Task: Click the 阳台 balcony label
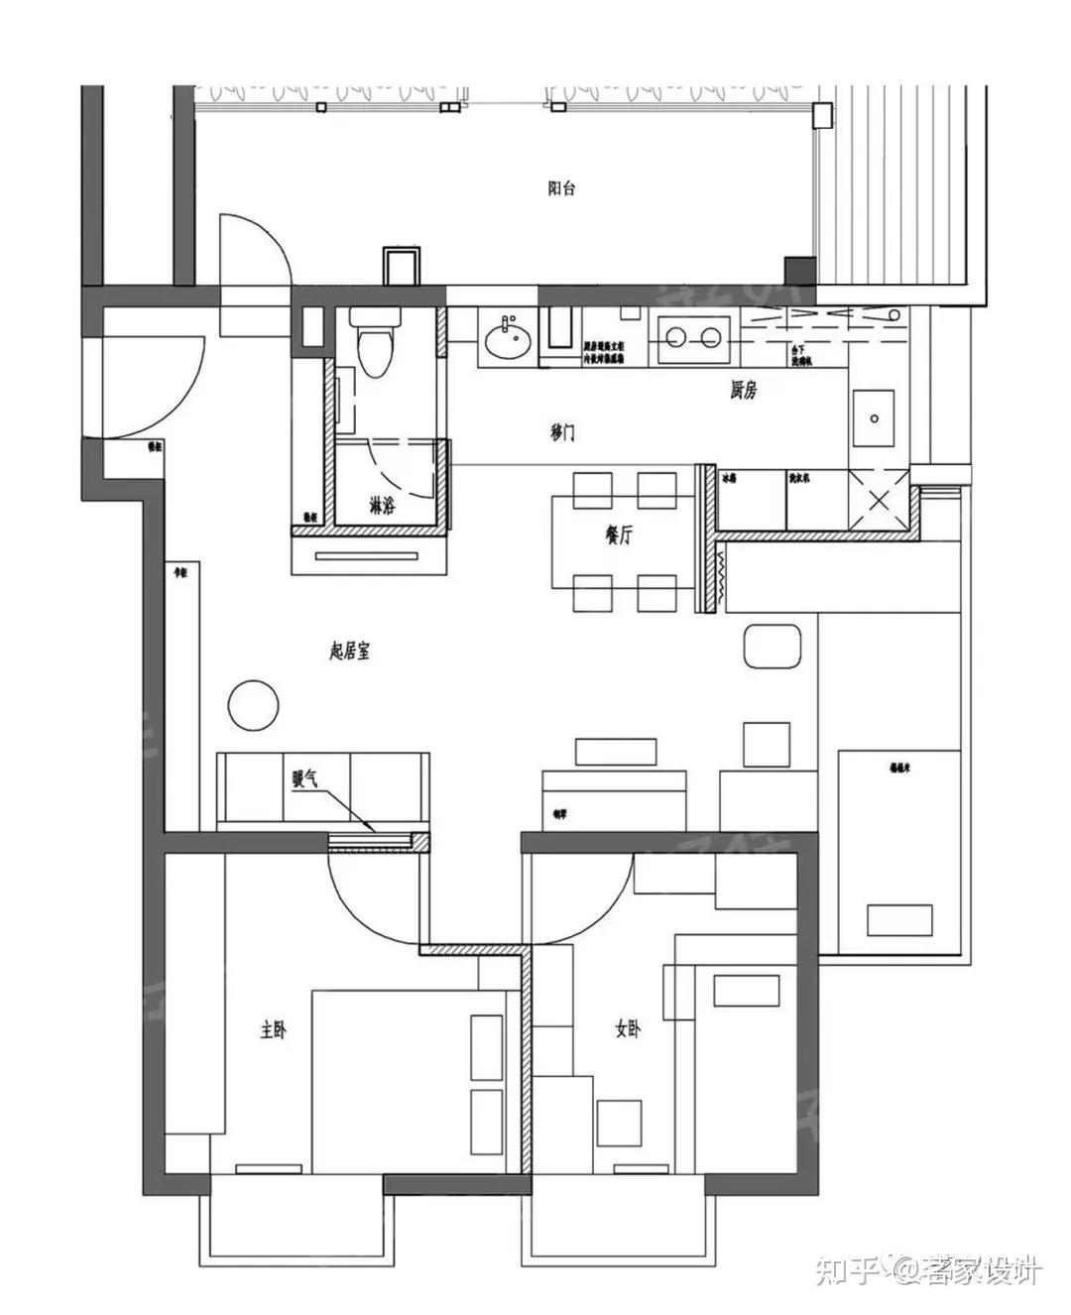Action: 561,188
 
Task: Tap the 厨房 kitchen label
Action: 743,391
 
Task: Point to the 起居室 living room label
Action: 349,651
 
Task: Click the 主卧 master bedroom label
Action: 273,1030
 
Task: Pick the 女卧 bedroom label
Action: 627,1030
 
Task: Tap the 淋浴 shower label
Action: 382,507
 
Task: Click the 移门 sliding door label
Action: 561,433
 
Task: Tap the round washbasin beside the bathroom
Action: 509,340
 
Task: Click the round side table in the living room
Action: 254,705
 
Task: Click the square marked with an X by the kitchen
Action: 879,501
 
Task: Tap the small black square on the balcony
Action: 799,270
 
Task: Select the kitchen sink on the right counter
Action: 874,418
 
